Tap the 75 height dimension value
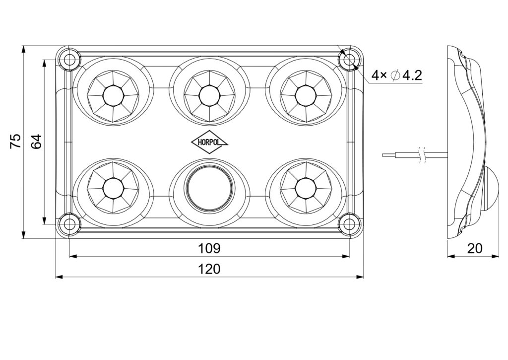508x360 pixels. point(16,142)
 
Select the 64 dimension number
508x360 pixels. point(36,142)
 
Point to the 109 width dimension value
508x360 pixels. point(209,248)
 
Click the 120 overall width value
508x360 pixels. point(209,269)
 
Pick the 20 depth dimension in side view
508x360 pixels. point(475,248)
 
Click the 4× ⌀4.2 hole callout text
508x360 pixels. point(397,75)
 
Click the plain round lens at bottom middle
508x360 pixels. point(209,188)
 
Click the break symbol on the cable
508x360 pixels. point(422,154)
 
